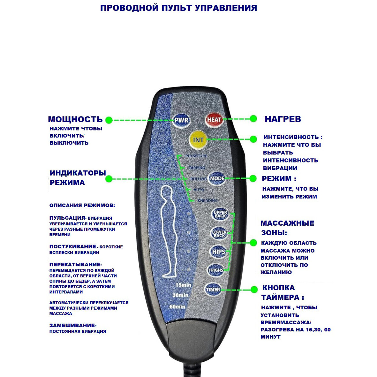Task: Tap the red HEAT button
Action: [x=214, y=120]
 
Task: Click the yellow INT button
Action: [x=198, y=140]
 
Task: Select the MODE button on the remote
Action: [x=217, y=178]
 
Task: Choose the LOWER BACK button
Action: [x=219, y=234]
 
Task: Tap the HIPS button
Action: [x=219, y=252]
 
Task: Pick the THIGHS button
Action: [x=216, y=270]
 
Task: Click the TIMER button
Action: [x=213, y=290]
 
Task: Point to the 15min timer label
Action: [x=183, y=285]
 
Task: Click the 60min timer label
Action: [x=177, y=307]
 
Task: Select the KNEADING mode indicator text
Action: [x=207, y=200]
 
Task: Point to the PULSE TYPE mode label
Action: [x=196, y=156]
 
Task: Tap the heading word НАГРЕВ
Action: [x=283, y=119]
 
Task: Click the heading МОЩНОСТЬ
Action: [x=75, y=119]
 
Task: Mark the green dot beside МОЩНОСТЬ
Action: [x=109, y=120]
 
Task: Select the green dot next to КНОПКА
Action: [x=254, y=290]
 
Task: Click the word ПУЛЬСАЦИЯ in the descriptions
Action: [x=67, y=218]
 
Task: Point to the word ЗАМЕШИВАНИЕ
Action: [x=72, y=326]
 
